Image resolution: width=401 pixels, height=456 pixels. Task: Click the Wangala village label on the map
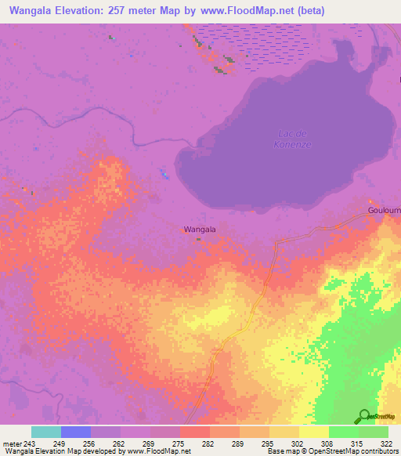(x=199, y=229)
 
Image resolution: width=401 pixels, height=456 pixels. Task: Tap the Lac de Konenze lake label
(x=294, y=139)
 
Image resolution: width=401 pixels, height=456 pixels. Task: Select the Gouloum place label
(x=384, y=212)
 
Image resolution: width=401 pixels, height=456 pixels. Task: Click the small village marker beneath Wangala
(x=198, y=239)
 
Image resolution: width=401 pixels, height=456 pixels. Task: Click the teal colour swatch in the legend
(x=46, y=432)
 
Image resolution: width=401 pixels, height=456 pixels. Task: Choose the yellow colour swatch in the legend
(x=313, y=432)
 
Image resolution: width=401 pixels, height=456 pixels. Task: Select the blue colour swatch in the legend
(x=76, y=432)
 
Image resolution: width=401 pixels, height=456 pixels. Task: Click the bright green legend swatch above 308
(x=343, y=432)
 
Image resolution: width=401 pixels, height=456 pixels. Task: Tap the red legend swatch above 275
(x=194, y=432)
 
